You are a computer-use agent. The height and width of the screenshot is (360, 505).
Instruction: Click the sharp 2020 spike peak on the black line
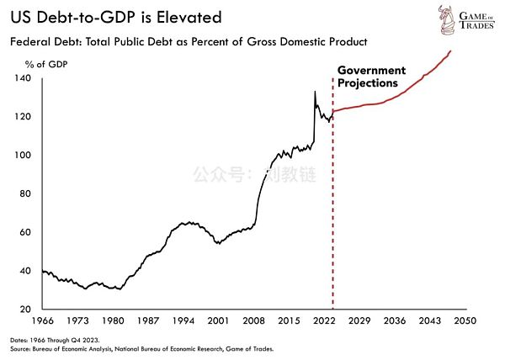[x=315, y=91]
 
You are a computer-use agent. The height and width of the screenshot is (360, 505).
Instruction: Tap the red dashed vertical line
[x=332, y=210]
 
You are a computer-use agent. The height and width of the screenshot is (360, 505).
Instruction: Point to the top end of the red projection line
[x=450, y=51]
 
